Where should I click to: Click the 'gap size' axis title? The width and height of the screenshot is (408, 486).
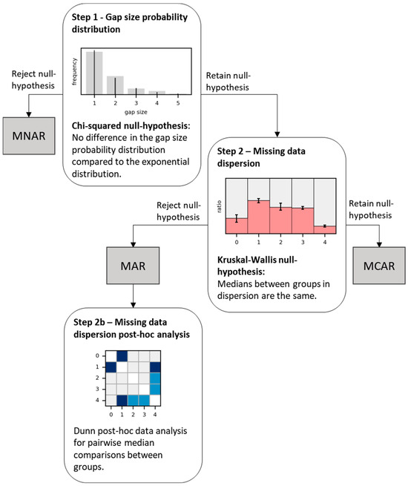(x=136, y=111)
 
